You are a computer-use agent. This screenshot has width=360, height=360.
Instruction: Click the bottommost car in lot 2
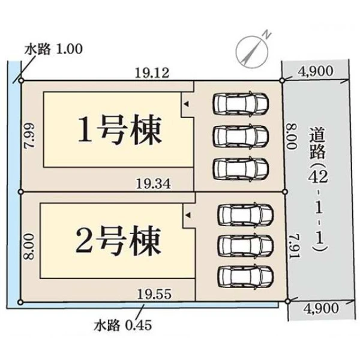[245, 275]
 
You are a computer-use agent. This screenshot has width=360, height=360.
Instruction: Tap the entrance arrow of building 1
[186, 104]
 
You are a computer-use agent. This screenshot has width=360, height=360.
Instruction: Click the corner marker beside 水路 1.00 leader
[20, 80]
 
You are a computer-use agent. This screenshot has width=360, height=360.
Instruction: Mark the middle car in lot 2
[245, 244]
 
